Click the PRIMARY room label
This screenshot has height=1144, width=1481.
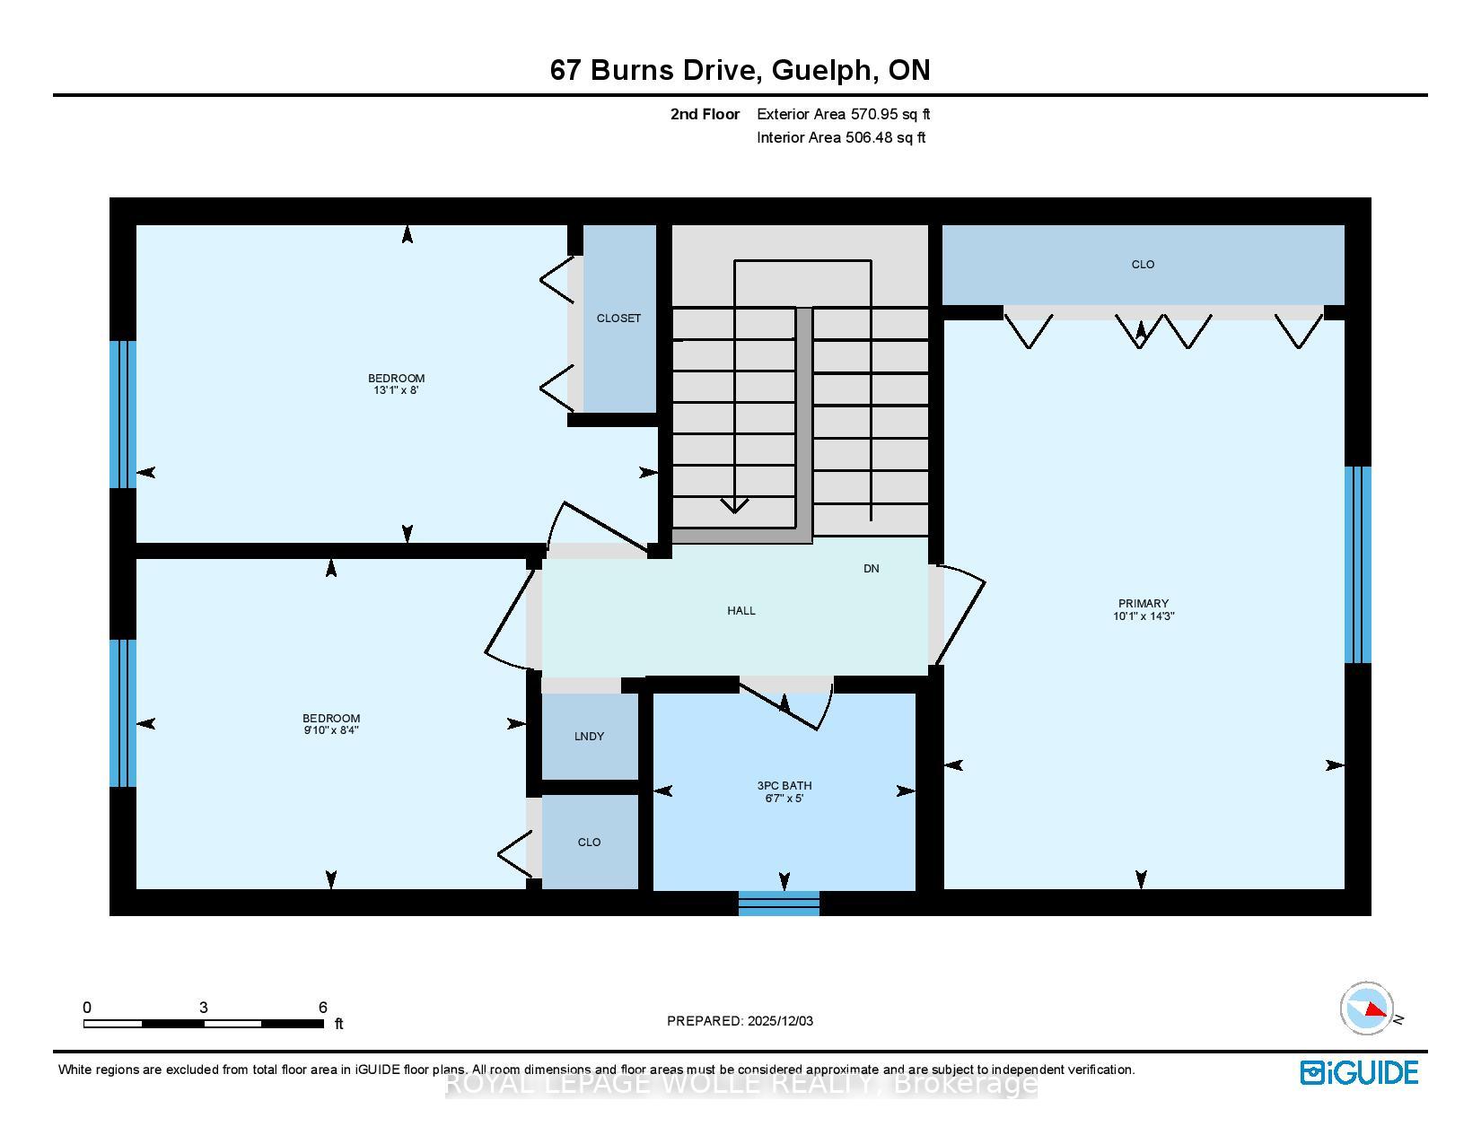pos(1143,603)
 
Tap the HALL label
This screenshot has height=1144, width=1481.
pos(740,610)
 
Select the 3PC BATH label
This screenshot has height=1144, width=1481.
pos(784,785)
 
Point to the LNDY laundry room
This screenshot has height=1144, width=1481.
pos(590,736)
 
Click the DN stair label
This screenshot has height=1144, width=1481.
pos(871,568)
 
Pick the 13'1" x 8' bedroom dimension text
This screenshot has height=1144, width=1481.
pos(395,389)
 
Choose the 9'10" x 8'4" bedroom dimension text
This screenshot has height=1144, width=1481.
pos(330,729)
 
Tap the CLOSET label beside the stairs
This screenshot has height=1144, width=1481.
pos(618,319)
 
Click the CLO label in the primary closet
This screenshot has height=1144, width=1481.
pos(1143,265)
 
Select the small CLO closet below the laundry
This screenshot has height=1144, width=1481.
pos(590,843)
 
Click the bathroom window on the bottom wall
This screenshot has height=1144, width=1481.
pos(779,903)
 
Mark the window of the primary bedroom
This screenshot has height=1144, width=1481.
pos(1357,565)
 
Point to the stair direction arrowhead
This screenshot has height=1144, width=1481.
pos(734,505)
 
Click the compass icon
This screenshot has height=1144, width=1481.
pos(1366,1009)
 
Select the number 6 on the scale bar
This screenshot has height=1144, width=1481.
pos(322,1007)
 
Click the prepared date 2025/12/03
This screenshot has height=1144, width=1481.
pos(780,1021)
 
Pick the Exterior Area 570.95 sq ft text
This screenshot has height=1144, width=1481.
pos(843,114)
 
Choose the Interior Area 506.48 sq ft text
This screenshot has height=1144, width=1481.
pos(841,137)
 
